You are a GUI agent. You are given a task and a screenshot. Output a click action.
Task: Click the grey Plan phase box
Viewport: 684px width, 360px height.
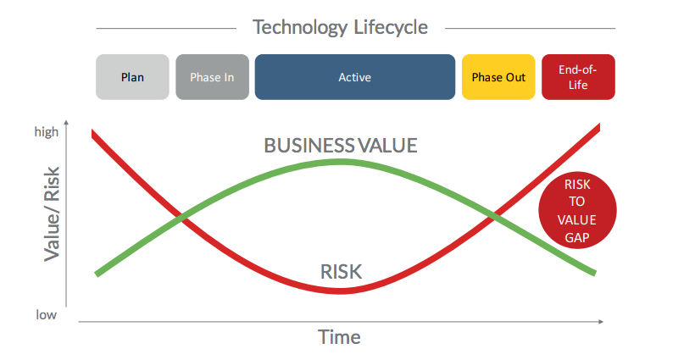(132, 77)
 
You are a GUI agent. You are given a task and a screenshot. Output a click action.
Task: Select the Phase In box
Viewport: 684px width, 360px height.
(212, 77)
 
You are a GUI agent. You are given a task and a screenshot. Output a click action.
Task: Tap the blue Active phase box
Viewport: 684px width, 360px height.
(354, 77)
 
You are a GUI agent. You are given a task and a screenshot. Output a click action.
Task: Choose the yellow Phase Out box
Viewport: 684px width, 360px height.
(498, 77)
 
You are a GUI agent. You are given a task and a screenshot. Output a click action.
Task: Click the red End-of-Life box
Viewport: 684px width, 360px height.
(577, 77)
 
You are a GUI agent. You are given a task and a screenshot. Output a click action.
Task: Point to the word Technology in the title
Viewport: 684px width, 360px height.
(300, 27)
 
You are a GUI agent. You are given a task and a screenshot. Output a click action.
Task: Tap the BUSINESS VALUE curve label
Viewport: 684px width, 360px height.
(341, 145)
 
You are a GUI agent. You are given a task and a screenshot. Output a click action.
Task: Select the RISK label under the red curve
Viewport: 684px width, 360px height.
(341, 272)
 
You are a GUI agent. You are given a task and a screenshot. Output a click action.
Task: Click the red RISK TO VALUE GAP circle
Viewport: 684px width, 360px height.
(577, 212)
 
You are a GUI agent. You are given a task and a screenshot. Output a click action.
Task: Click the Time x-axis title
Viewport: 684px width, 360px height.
(339, 337)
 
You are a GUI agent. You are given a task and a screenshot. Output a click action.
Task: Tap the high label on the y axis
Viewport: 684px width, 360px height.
(47, 131)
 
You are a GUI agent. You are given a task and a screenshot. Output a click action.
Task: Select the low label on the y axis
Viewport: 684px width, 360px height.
(46, 314)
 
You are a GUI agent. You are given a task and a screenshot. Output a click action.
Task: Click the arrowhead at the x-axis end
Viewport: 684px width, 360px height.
(600, 322)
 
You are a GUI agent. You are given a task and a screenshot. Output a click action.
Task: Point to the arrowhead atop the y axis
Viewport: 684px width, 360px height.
(66, 125)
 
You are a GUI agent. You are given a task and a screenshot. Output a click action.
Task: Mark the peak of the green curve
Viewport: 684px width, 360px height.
(341, 160)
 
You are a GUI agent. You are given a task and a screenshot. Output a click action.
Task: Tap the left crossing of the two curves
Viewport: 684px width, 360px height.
(181, 219)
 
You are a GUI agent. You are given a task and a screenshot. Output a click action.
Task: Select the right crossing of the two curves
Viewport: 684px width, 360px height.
(493, 216)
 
